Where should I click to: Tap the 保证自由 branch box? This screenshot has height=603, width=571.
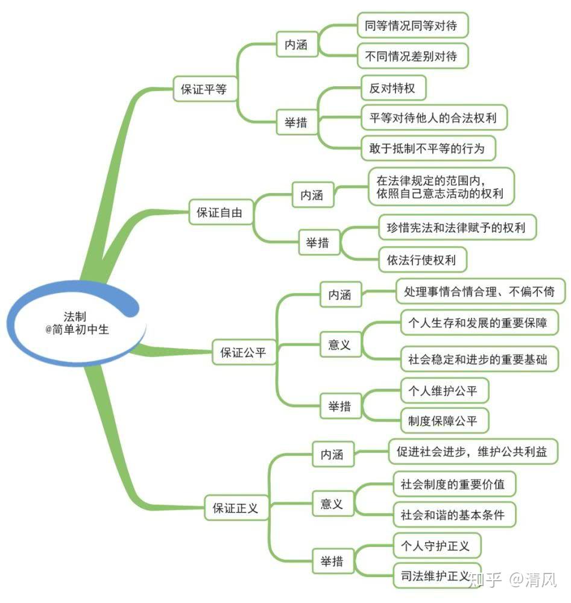coord(221,212)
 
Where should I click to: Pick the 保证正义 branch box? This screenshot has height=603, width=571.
coord(235,508)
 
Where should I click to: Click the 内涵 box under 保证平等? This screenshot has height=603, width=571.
coord(296,45)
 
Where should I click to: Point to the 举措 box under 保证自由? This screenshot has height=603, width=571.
coord(318,243)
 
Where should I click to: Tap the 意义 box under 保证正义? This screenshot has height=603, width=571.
coord(332,504)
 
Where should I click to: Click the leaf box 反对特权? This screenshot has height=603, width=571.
coord(392,89)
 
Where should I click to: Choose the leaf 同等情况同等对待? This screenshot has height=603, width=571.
coord(412,26)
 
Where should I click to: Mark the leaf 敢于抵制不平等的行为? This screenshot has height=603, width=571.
coord(427,147)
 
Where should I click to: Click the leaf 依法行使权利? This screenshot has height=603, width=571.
coord(421,260)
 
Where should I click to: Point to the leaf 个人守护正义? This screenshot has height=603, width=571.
coord(436,546)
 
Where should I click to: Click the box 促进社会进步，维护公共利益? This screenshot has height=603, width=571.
coord(472,452)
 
